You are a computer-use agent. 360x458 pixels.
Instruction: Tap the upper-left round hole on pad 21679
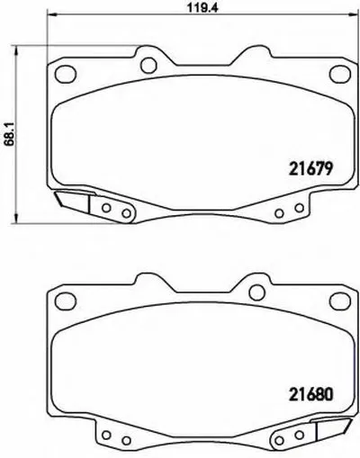(148, 63)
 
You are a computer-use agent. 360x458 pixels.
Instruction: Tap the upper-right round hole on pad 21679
(256, 63)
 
